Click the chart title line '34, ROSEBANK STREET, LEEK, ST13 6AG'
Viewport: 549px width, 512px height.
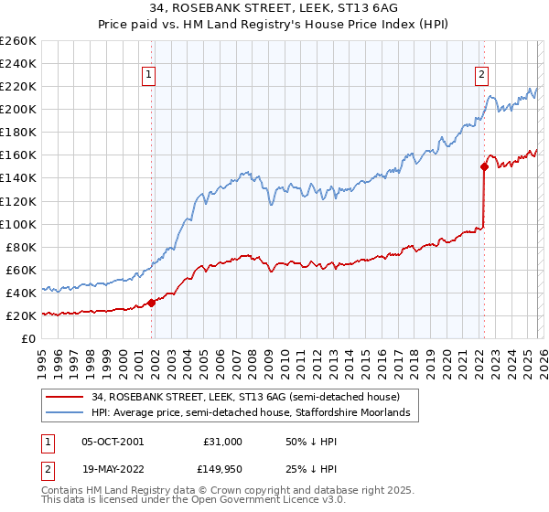[x=274, y=9]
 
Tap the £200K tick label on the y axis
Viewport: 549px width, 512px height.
[x=18, y=109]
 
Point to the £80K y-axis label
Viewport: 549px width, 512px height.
[x=21, y=247]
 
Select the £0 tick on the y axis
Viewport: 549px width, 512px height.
[x=28, y=338]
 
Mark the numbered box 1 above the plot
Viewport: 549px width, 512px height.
[x=148, y=77]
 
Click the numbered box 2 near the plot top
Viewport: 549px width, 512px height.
[x=481, y=77]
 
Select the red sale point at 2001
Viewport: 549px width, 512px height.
[x=151, y=304]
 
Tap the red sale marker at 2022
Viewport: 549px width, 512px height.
[x=484, y=166]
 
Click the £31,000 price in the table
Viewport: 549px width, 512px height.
[x=221, y=442]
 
